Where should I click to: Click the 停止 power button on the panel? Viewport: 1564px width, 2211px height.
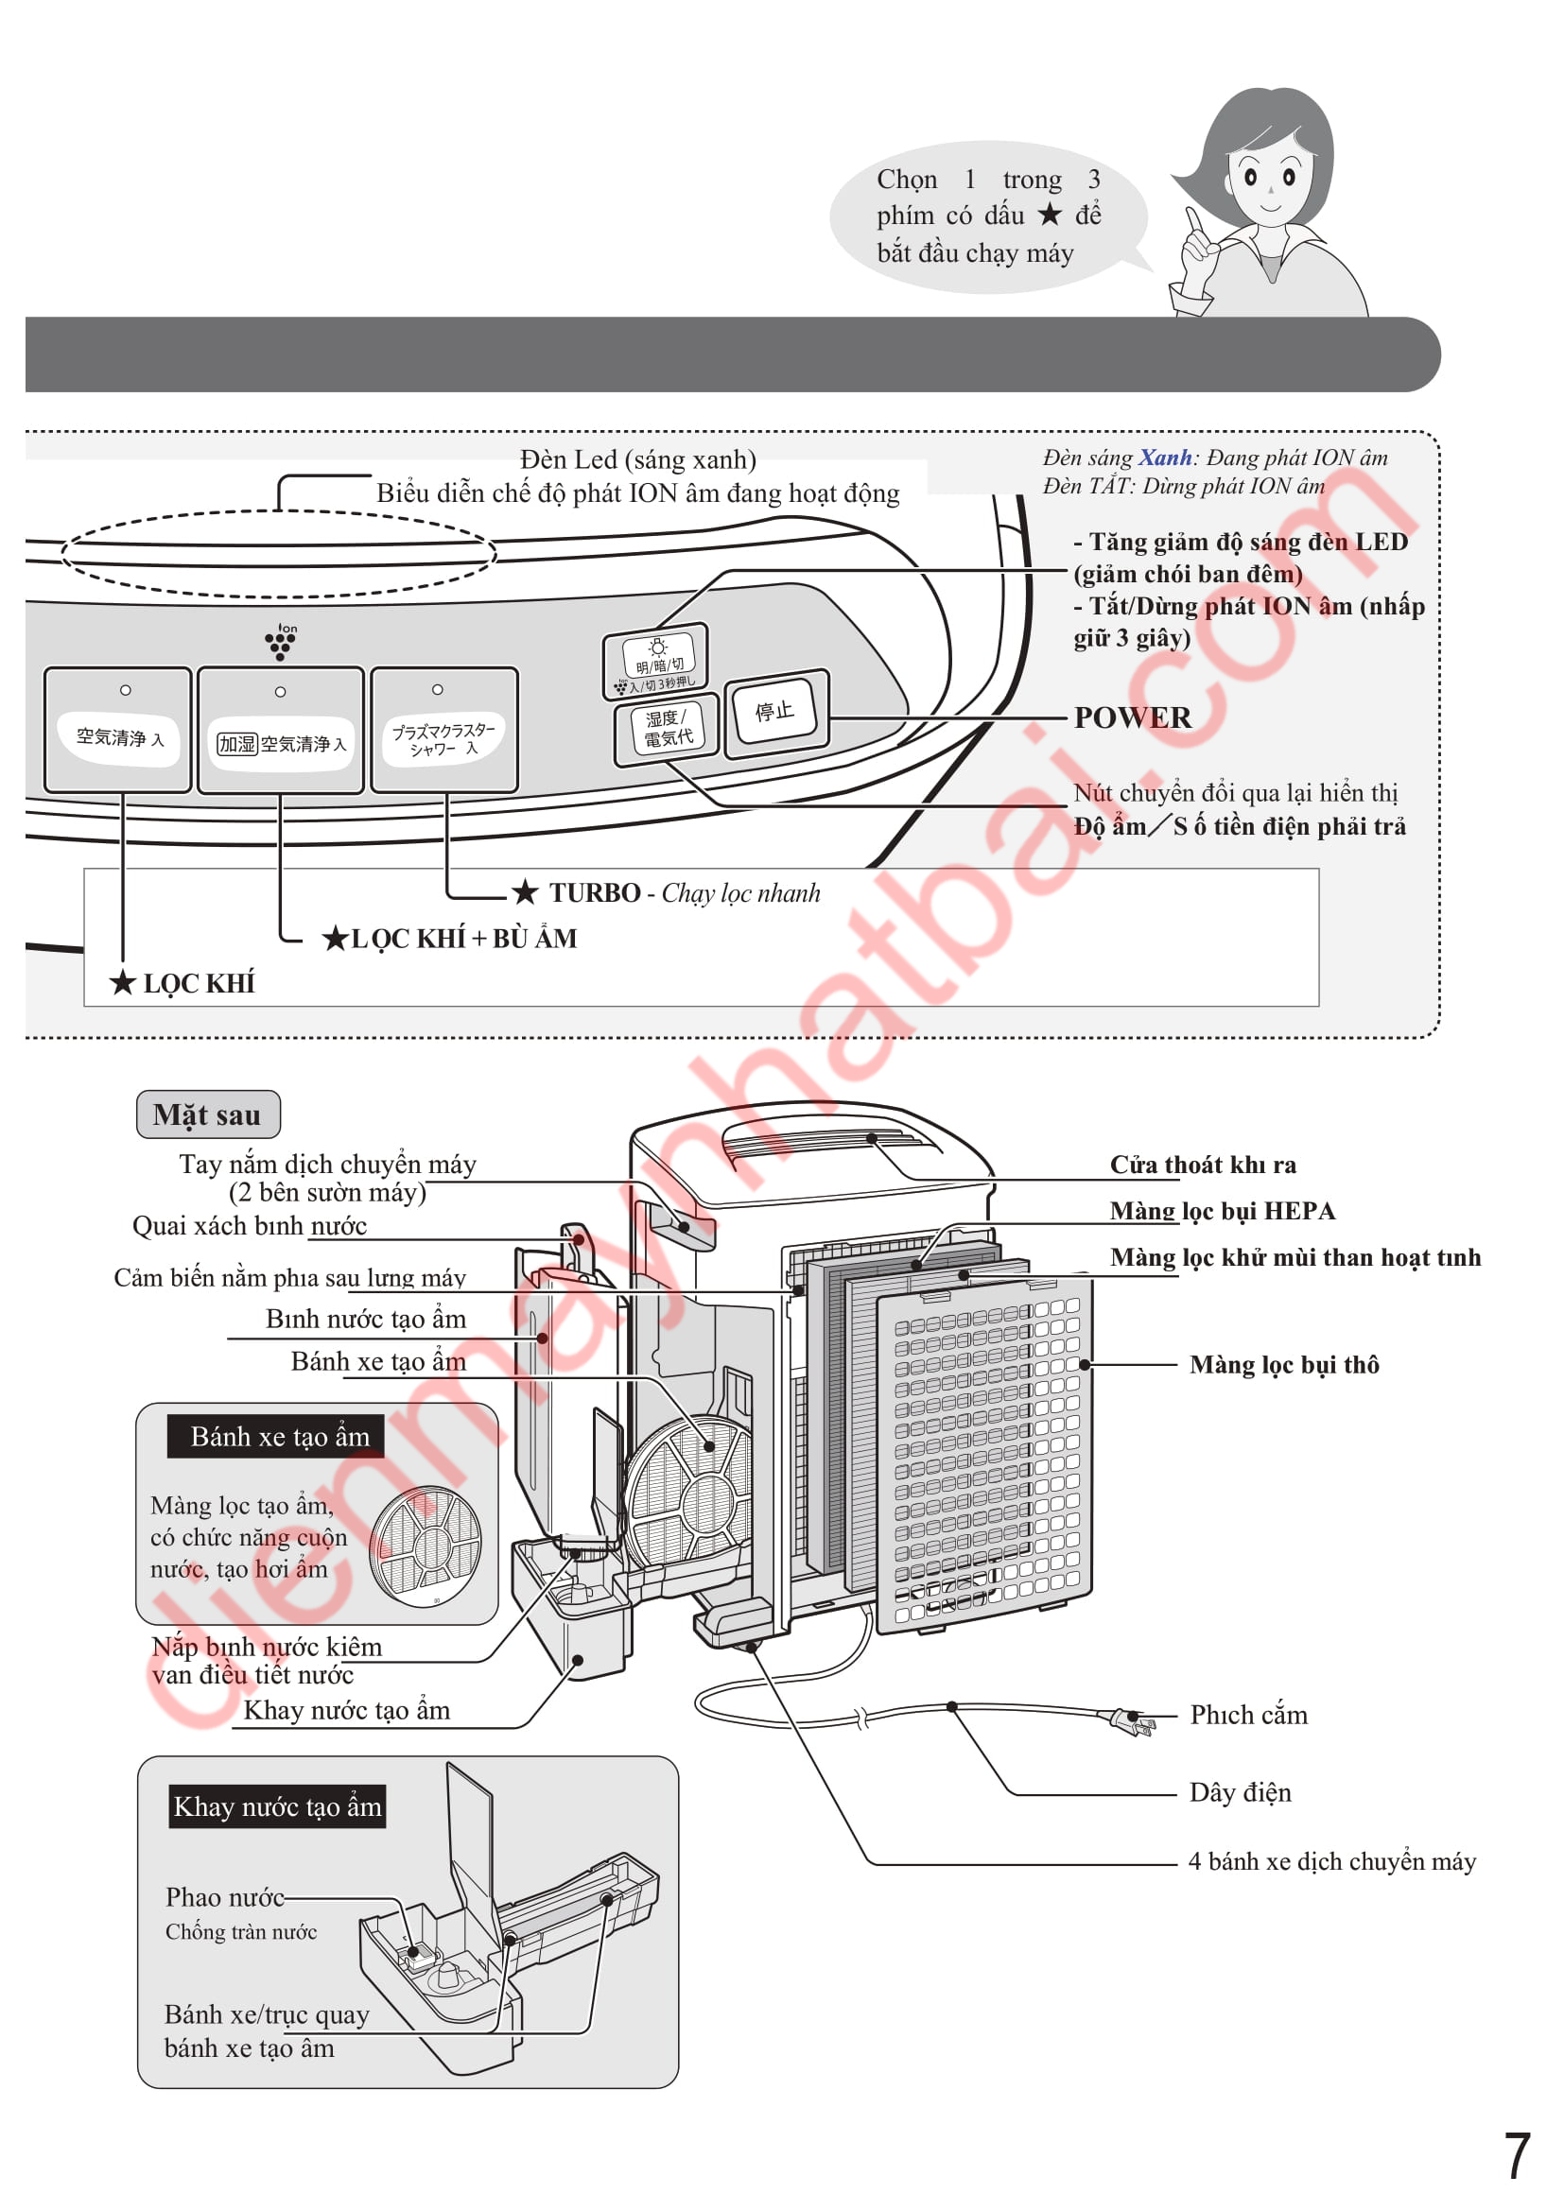(775, 713)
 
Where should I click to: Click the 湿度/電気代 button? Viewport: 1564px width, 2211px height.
(668, 729)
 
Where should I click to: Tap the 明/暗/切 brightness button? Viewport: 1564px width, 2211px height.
(657, 657)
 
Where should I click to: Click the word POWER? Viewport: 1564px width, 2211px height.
(1133, 718)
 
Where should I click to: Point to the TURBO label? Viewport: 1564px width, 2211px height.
(594, 893)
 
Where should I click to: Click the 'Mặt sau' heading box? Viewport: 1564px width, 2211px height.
(208, 1115)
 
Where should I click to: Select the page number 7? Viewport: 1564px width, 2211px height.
(1517, 2156)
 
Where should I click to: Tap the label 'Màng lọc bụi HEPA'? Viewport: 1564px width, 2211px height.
(1222, 1212)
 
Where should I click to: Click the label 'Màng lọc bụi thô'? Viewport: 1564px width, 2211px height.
(1284, 1365)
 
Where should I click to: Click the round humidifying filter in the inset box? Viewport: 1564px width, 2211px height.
(426, 1546)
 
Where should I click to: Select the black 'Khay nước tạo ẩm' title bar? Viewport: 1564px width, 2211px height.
(277, 1806)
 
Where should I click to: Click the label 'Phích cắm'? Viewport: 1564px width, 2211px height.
(1248, 1715)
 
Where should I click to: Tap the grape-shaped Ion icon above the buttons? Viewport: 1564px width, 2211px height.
(281, 641)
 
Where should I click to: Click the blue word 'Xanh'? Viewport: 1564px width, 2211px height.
(1164, 458)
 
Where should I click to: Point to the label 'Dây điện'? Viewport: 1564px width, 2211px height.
(1240, 1793)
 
